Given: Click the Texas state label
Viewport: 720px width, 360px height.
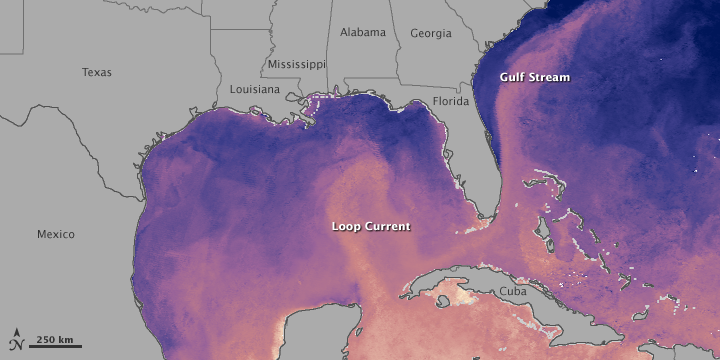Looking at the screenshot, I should point(97,72).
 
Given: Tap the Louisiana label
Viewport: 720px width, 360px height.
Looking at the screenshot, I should point(254,88).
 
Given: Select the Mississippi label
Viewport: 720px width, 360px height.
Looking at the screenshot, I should point(296,64).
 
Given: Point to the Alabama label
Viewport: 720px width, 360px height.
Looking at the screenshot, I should point(362,32).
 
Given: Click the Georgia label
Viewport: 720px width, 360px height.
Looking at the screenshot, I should point(430,33).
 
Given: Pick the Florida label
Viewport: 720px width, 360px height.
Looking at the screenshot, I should point(451,101).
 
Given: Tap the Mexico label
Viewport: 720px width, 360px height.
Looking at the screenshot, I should point(56,234).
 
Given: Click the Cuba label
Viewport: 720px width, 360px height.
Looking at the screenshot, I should point(513,290).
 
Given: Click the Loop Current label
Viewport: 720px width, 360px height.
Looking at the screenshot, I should point(370,227).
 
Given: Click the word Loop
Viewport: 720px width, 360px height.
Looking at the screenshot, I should point(346,227).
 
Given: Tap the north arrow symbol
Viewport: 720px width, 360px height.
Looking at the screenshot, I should point(16,340).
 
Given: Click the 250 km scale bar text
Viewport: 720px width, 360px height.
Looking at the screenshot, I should point(55,340).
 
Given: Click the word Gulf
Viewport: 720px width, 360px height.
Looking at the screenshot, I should point(513,77).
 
